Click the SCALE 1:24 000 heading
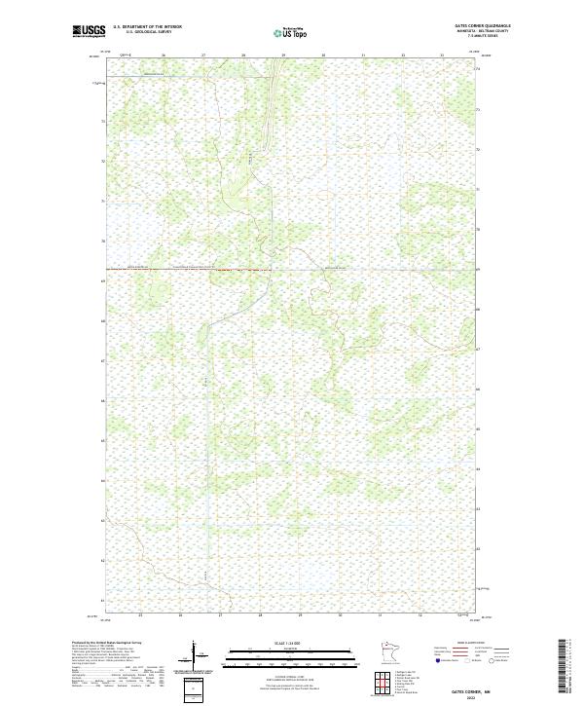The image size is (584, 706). point(291,642)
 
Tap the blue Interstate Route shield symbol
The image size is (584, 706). point(437,660)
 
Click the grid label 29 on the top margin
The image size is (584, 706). point(283,56)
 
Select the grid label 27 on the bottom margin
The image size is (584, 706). point(220,616)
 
